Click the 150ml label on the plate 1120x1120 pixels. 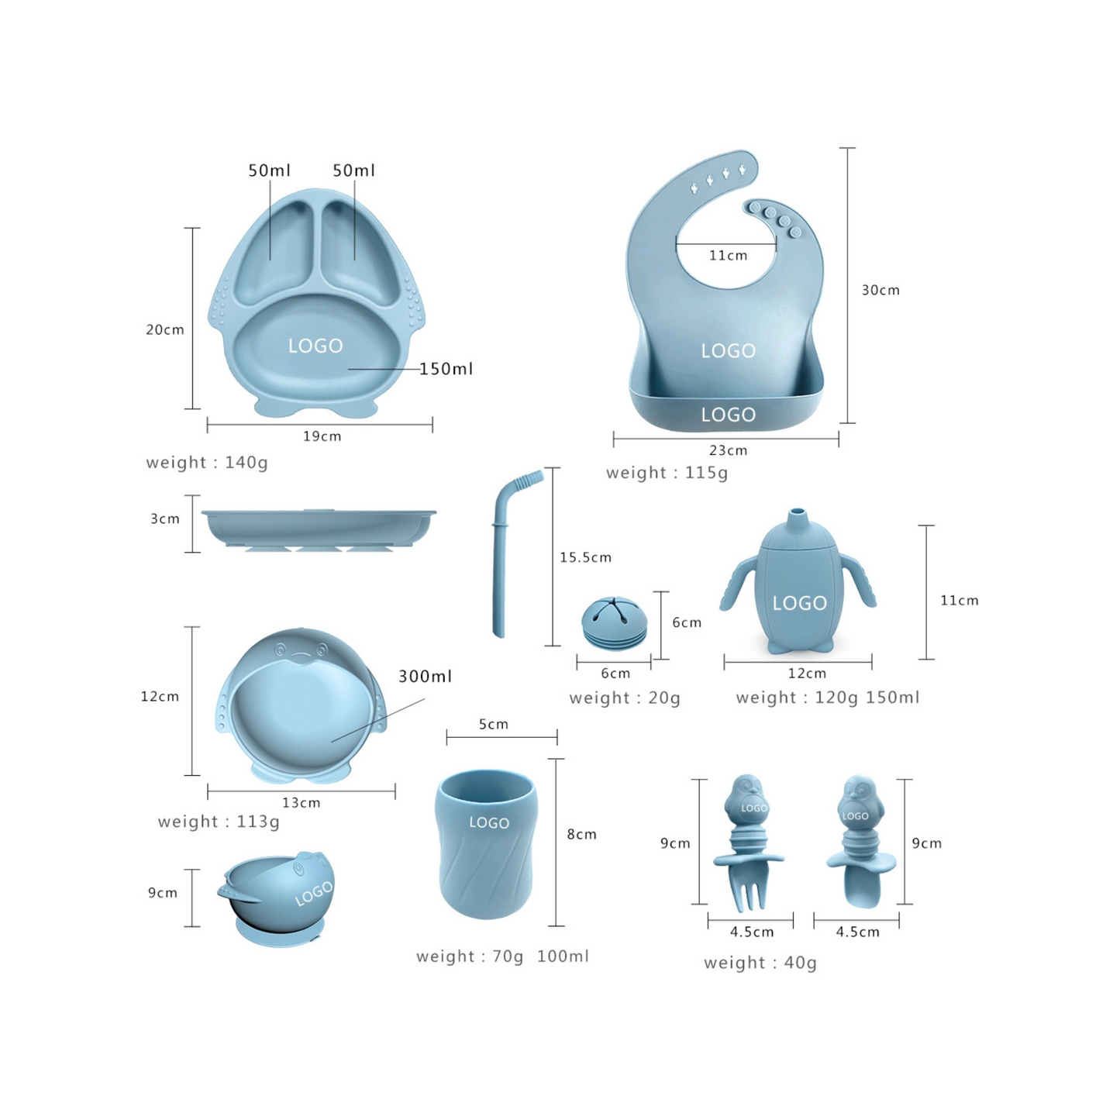click(x=446, y=368)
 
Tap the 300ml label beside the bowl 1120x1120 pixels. click(x=425, y=676)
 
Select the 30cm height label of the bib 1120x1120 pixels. click(x=880, y=290)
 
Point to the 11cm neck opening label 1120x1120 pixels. click(x=729, y=255)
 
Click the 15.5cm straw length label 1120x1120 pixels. click(x=585, y=557)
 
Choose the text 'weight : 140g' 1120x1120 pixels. click(x=207, y=463)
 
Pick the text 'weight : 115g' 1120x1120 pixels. click(x=667, y=473)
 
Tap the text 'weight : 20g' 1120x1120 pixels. click(x=625, y=698)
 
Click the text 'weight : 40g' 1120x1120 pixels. click(x=760, y=963)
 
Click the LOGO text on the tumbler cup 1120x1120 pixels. click(x=489, y=822)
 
